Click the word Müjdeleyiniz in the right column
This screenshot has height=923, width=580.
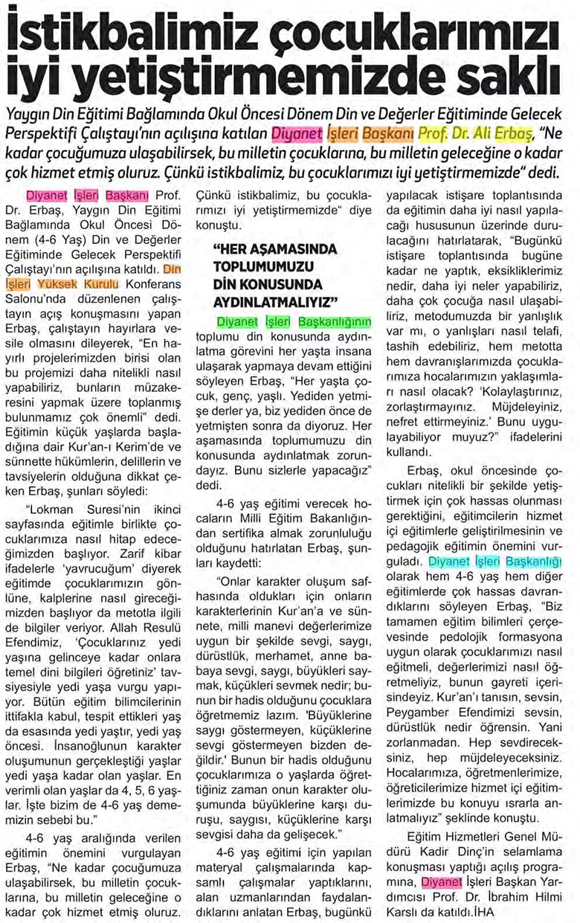coord(523,408)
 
